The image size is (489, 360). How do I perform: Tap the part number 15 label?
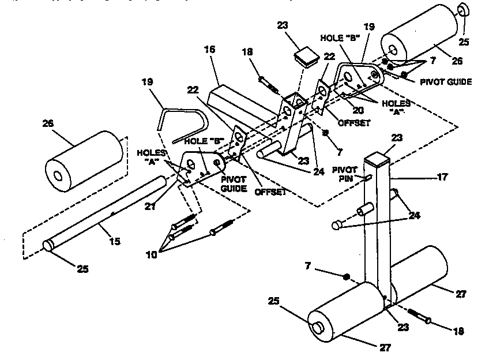(x=115, y=241)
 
